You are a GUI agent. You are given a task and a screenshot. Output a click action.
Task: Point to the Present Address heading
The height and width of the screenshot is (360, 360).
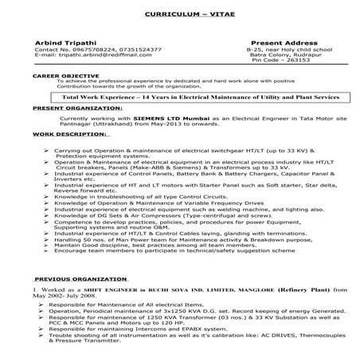pos(283,41)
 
